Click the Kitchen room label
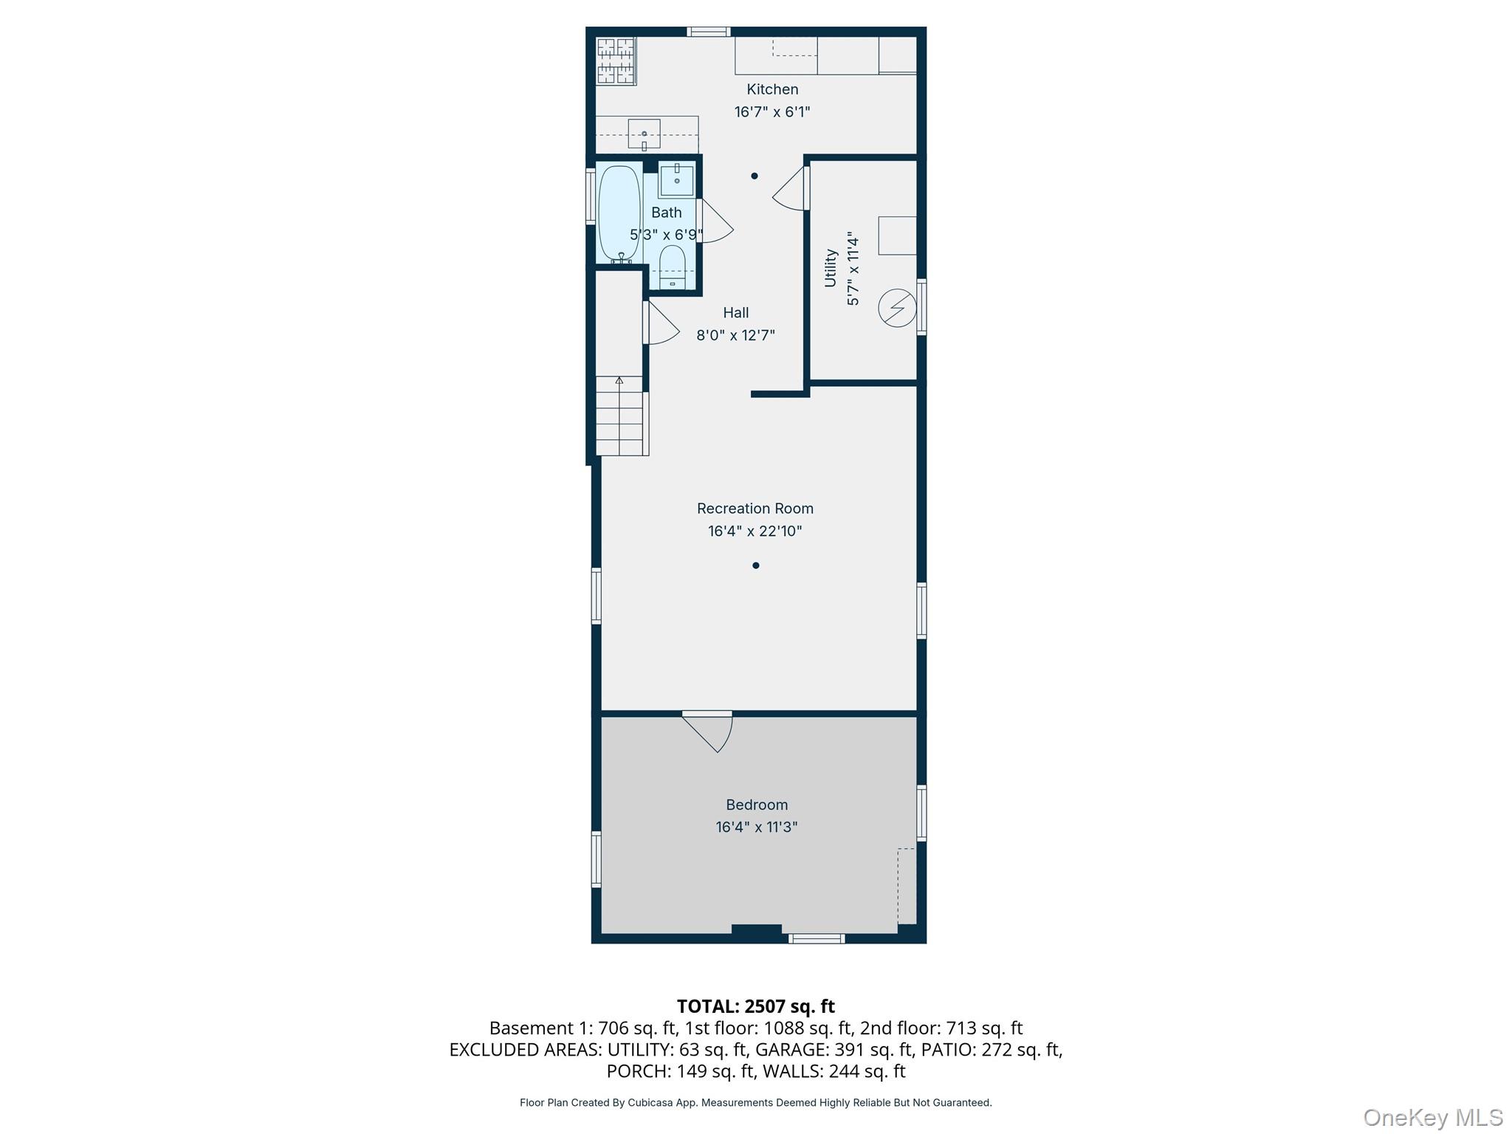click(772, 89)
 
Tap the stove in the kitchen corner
click(616, 61)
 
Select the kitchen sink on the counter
click(644, 134)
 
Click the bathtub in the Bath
click(619, 213)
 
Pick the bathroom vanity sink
click(676, 181)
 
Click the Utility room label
click(831, 267)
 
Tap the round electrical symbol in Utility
click(897, 308)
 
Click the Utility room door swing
click(791, 189)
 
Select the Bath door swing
click(715, 221)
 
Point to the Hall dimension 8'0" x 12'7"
click(735, 335)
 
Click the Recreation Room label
click(755, 509)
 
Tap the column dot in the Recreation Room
click(755, 566)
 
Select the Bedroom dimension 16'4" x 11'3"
click(757, 827)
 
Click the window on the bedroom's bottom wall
click(817, 938)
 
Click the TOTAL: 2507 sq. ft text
click(756, 1006)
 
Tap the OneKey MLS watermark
click(1433, 1117)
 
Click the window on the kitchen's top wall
click(709, 32)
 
